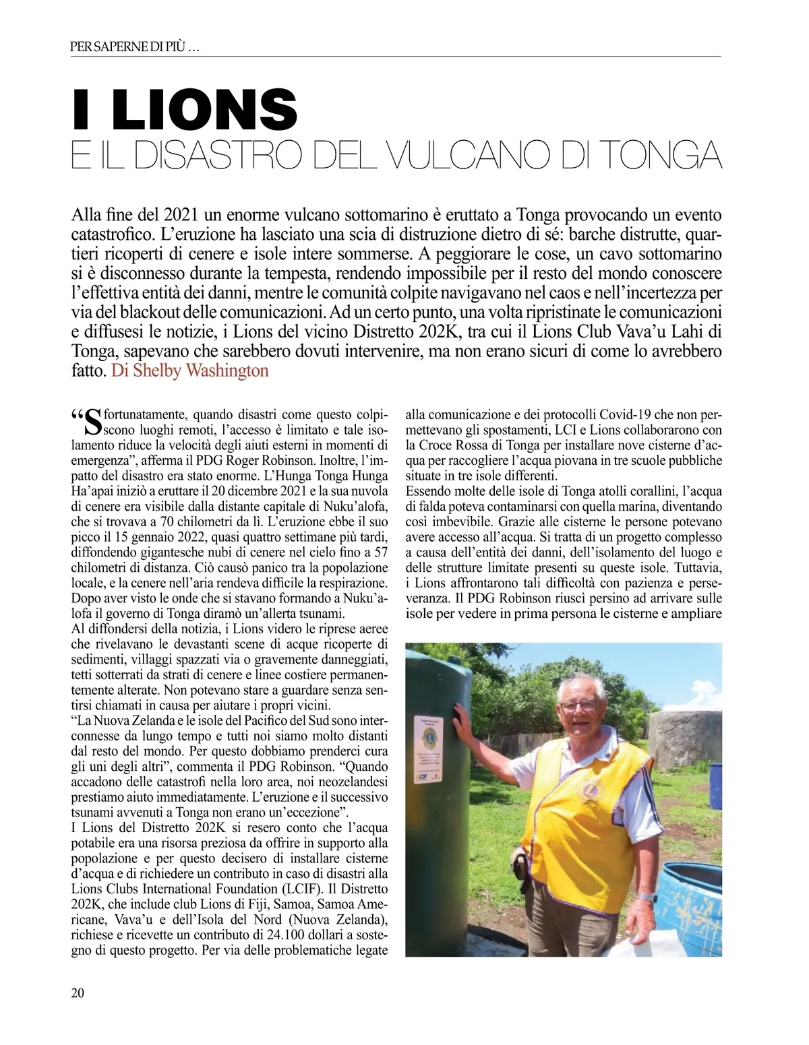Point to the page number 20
[x=78, y=992]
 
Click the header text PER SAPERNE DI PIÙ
[x=134, y=49]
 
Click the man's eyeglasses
[x=580, y=705]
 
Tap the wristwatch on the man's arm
[x=647, y=897]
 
